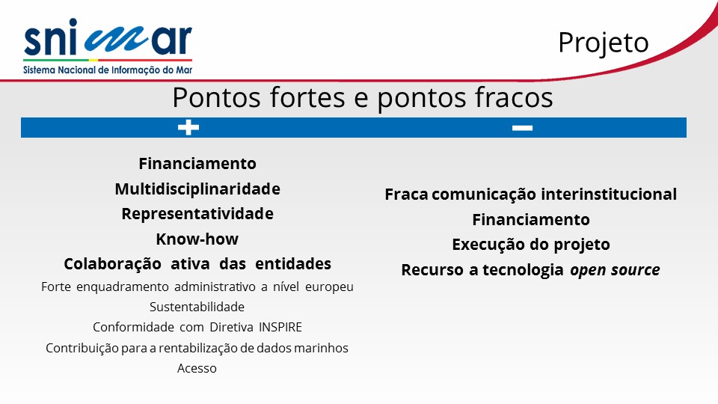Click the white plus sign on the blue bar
tap(188, 127)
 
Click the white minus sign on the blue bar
tap(522, 128)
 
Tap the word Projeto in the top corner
tap(603, 43)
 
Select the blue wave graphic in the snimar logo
tap(117, 39)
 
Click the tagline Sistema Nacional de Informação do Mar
tap(108, 70)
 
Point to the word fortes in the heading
tap(307, 97)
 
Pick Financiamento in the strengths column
tap(197, 164)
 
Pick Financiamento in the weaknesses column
tap(531, 220)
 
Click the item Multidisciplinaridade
tap(197, 189)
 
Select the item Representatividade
tap(197, 214)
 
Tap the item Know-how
tap(197, 239)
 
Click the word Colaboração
tap(112, 264)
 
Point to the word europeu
tap(329, 287)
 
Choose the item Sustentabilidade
tap(197, 307)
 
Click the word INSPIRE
tap(280, 327)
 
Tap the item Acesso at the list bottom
tap(197, 368)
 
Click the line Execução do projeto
tap(531, 245)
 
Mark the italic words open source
tap(615, 270)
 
